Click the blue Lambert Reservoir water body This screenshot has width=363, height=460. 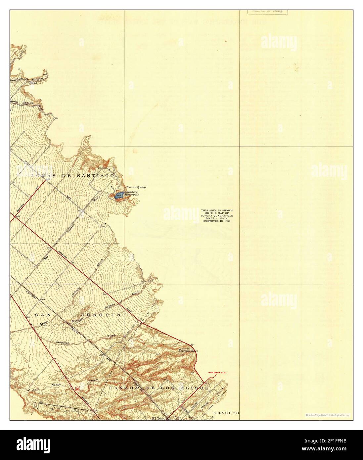(119, 196)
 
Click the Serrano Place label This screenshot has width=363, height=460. (188, 350)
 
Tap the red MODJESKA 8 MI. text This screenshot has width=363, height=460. (219, 373)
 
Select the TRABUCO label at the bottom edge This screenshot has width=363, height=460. (226, 413)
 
